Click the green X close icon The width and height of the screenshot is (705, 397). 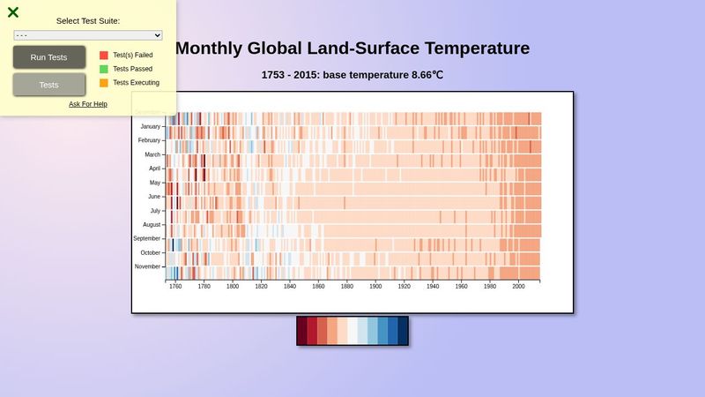coord(13,12)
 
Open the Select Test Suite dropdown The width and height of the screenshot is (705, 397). coord(88,35)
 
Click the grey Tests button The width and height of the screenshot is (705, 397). coord(49,85)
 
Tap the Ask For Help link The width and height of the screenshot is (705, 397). coord(88,104)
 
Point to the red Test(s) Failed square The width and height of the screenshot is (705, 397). coord(104,55)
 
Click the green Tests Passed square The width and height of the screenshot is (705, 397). coord(104,69)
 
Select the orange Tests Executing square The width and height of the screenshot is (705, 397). coord(104,83)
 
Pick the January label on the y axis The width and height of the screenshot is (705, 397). coord(150,126)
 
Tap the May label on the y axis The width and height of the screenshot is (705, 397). coord(154,183)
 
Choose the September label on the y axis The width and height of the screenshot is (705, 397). coord(146,238)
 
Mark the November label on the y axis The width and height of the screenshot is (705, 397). coord(147,266)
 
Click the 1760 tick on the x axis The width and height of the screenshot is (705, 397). coord(175,286)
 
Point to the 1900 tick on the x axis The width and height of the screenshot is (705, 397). coord(375,286)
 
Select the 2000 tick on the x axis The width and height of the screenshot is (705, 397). coord(518,286)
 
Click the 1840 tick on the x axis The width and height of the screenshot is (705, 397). coord(290,286)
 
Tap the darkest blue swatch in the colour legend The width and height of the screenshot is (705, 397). coord(403,331)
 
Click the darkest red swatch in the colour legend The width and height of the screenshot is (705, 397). coord(302,331)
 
